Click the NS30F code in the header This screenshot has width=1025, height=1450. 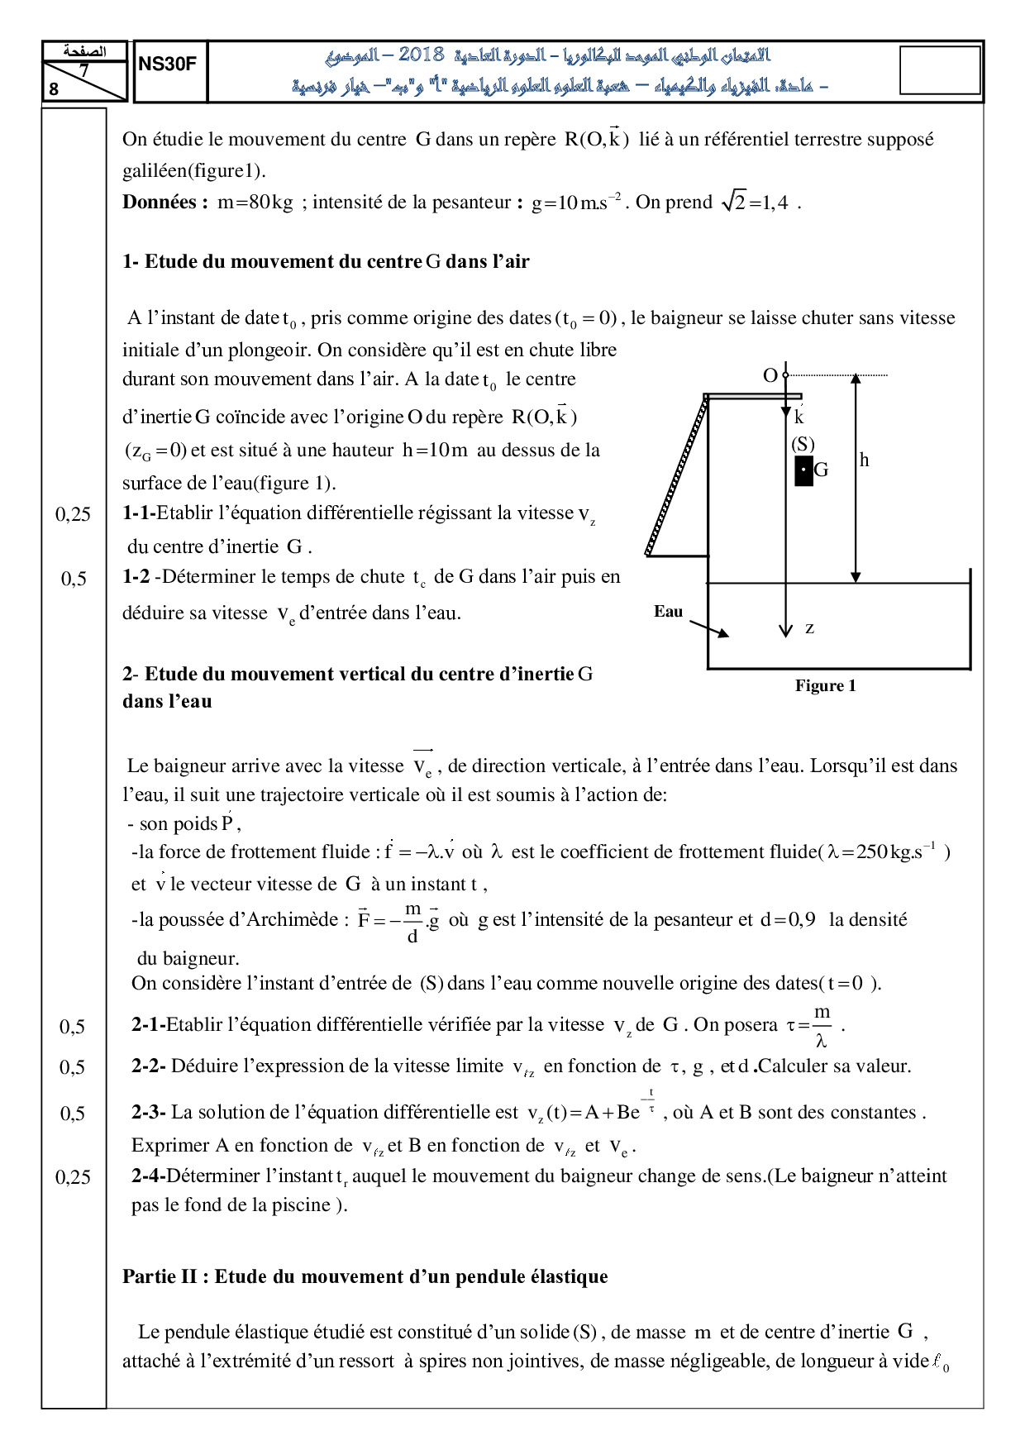pos(168,64)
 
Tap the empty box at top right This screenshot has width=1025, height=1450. pos(939,70)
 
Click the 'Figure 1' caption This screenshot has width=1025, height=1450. pos(825,685)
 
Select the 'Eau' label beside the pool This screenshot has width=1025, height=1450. pos(668,612)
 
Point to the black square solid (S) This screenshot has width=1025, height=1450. pos(803,470)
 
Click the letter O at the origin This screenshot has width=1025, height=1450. pos(770,376)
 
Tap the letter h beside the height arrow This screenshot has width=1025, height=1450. pos(864,460)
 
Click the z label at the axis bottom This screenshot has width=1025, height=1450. pos(809,628)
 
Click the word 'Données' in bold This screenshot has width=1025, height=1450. pos(159,203)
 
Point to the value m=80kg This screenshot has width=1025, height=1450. pos(255,203)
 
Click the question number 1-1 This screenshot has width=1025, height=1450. pos(139,513)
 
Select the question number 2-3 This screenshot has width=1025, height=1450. pos(148,1113)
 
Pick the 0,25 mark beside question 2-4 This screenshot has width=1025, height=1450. pos(73,1177)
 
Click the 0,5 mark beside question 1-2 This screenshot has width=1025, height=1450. pos(74,579)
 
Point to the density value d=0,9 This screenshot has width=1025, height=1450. pos(788,919)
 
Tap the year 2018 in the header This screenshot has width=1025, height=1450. pos(421,55)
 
